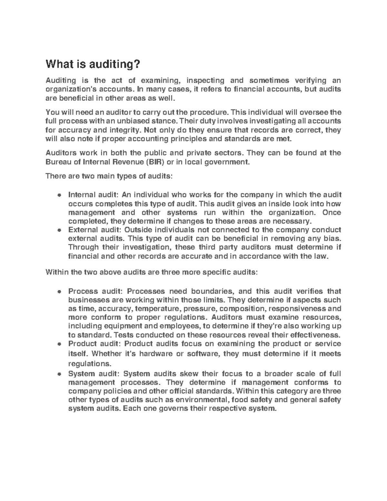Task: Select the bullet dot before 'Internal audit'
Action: click(59, 195)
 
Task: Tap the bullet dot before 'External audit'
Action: click(59, 230)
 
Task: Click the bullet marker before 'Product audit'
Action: click(59, 344)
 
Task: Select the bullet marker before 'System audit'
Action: click(59, 374)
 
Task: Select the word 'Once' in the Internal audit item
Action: click(332, 213)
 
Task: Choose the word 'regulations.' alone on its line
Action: click(90, 364)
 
